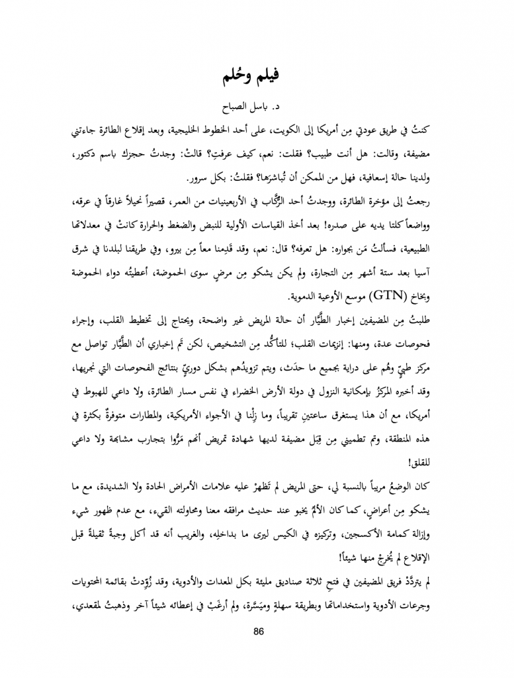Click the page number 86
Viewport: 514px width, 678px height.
coord(258,630)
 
